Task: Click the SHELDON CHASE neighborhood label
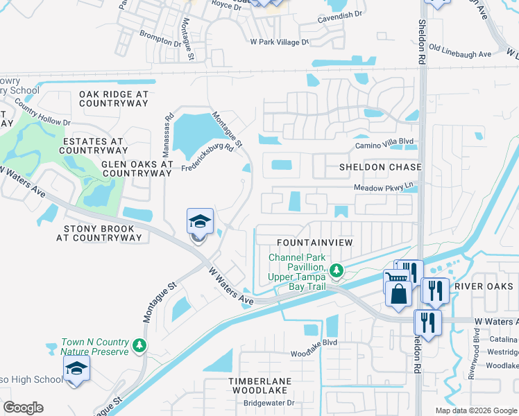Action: (380, 168)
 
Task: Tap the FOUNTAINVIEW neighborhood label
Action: (315, 242)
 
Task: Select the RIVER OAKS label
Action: (483, 286)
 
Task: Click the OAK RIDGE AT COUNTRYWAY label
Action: (114, 98)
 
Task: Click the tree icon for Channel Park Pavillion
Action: (337, 270)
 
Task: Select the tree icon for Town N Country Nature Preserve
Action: (139, 345)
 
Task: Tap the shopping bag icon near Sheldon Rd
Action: (398, 293)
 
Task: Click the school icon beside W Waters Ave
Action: (200, 223)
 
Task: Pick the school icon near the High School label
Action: (76, 368)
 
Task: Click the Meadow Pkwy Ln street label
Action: (383, 188)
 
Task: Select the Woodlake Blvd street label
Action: (314, 342)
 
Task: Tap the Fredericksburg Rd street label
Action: (207, 160)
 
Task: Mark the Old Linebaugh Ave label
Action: (460, 51)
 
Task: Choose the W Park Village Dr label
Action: (280, 42)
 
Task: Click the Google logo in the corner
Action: (24, 408)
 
